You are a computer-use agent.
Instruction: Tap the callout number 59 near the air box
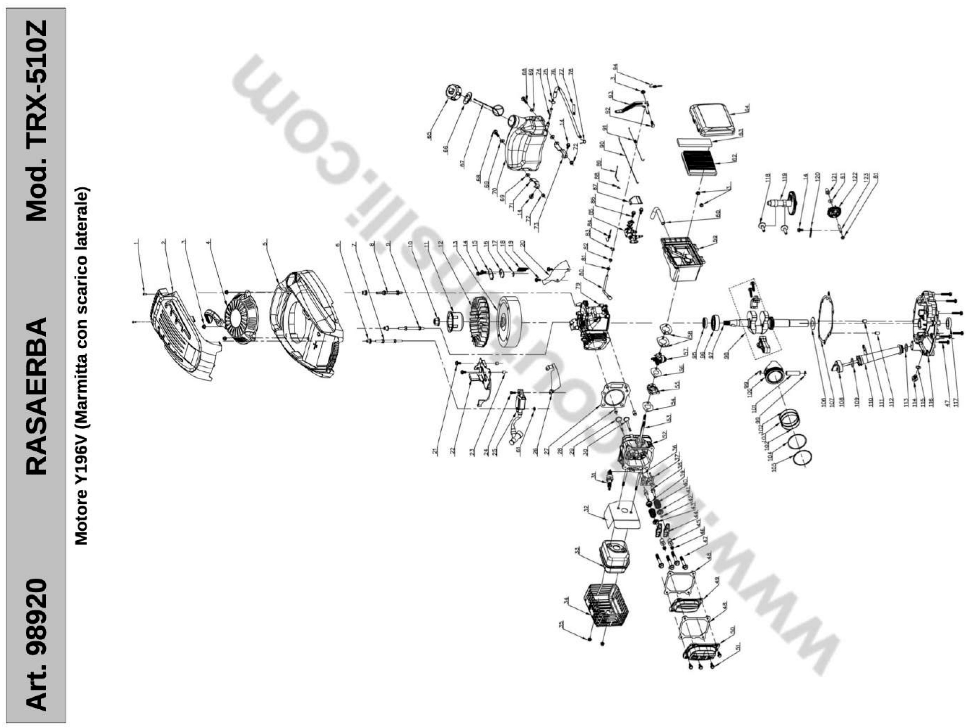pyautogui.click(x=716, y=239)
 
